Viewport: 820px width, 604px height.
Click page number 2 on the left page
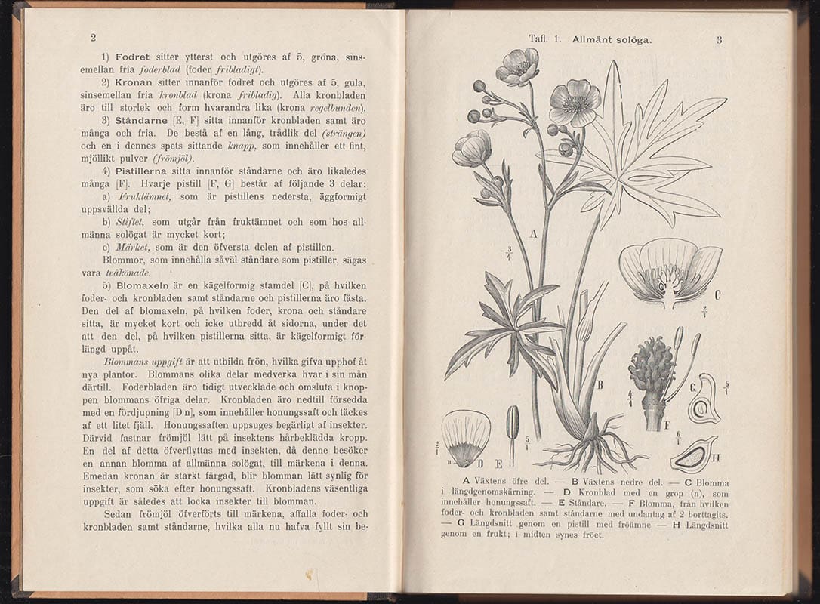click(x=93, y=38)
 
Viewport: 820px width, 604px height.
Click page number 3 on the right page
click(x=719, y=40)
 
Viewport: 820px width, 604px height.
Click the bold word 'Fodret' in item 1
click(x=132, y=57)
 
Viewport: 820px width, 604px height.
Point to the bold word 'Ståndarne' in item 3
click(x=139, y=120)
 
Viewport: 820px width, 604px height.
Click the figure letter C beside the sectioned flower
click(x=717, y=295)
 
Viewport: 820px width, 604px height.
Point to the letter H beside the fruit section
click(x=715, y=458)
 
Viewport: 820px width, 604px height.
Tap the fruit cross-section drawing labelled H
click(x=693, y=455)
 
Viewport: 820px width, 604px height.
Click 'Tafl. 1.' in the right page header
click(x=544, y=39)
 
